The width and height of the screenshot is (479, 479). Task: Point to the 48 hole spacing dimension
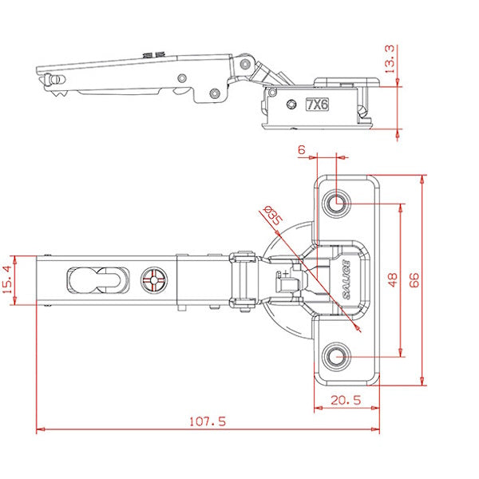pyautogui.click(x=391, y=279)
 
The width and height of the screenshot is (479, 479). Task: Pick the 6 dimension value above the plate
pyautogui.click(x=302, y=149)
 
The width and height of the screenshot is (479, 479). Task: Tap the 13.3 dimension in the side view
pyautogui.click(x=389, y=59)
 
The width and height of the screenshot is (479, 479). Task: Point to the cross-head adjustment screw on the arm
pyautogui.click(x=153, y=281)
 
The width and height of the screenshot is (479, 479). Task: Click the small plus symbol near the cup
pyautogui.click(x=285, y=274)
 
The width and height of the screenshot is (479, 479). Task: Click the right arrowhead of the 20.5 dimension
pyautogui.click(x=377, y=409)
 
